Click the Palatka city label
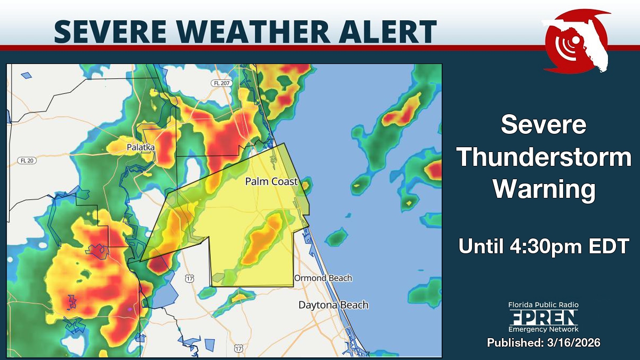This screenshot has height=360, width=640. (x=140, y=147)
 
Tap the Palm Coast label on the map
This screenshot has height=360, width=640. (x=271, y=181)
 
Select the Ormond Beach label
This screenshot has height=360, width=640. (x=323, y=278)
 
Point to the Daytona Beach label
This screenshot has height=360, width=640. (x=333, y=305)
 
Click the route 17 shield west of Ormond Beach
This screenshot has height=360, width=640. (x=190, y=278)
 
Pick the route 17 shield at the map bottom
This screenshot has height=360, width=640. (x=238, y=348)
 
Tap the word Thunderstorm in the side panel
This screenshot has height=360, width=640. (x=544, y=158)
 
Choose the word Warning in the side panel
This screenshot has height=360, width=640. (x=544, y=189)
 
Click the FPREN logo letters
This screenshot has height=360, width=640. (x=543, y=318)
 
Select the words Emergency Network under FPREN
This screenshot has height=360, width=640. (x=543, y=330)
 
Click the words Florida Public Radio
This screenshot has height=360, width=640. (x=543, y=305)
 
